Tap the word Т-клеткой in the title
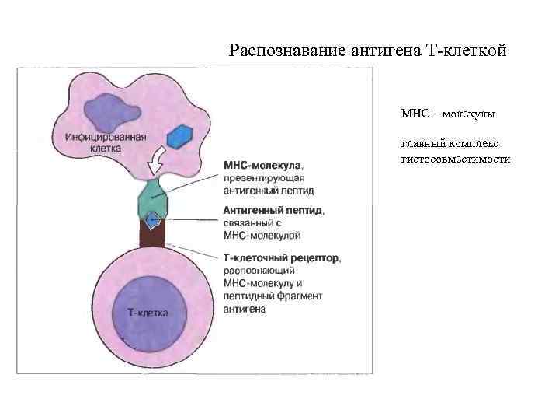(467, 51)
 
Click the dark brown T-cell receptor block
(152, 234)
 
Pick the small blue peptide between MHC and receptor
(154, 219)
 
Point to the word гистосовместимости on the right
(456, 158)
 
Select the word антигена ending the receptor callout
(245, 309)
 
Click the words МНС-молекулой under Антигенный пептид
(262, 235)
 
